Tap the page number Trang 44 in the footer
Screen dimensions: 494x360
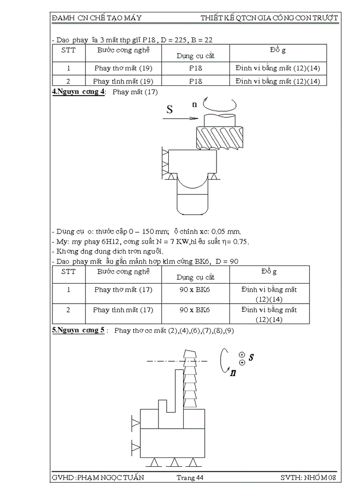[190, 478]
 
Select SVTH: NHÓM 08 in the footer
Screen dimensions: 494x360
[308, 478]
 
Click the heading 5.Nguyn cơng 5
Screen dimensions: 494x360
[79, 330]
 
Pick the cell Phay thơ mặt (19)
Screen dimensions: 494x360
[123, 68]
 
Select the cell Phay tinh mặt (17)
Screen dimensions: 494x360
[123, 310]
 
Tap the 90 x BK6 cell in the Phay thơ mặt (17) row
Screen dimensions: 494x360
[195, 290]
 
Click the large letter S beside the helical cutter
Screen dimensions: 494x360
[170, 109]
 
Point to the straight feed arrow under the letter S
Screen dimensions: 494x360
[179, 118]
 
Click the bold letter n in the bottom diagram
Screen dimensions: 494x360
[233, 373]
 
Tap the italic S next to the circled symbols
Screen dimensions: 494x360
[251, 357]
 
